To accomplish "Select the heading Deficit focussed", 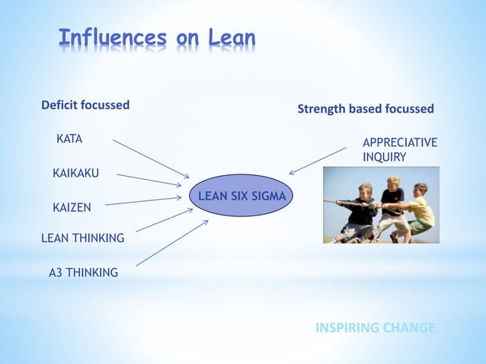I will (85, 105).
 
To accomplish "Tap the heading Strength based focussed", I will (365, 109).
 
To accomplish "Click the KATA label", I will (69, 139).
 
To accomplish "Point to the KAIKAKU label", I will (75, 174).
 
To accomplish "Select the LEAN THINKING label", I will (82, 238).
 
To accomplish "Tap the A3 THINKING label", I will (83, 272).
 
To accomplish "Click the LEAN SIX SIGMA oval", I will (241, 196).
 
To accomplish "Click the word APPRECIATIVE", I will (400, 142).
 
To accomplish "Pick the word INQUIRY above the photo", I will (384, 157).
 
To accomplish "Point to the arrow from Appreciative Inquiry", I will (317, 161).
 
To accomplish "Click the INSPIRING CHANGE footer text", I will (375, 328).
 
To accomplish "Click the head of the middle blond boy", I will (393, 184).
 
